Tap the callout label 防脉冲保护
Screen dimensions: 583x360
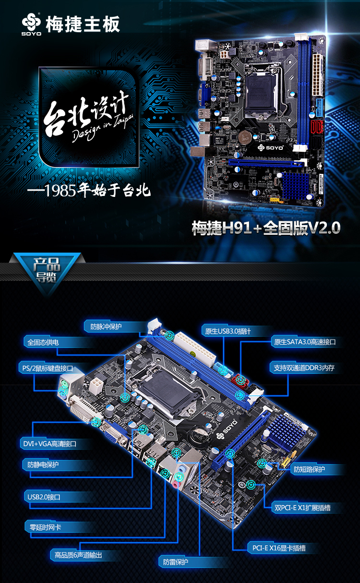pos(106,327)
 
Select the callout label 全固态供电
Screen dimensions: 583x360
pos(43,342)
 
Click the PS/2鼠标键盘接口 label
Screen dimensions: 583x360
pos(47,368)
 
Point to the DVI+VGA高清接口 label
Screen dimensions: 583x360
pos(49,444)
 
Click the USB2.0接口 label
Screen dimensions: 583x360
pos(44,497)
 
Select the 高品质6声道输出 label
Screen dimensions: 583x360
pos(78,555)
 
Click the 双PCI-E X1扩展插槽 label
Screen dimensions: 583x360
pos(302,507)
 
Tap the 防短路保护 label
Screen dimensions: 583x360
pos(310,469)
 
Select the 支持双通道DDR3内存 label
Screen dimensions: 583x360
pos(304,368)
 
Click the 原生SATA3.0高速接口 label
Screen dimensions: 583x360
pos(304,342)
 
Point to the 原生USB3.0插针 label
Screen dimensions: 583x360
pos(228,331)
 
